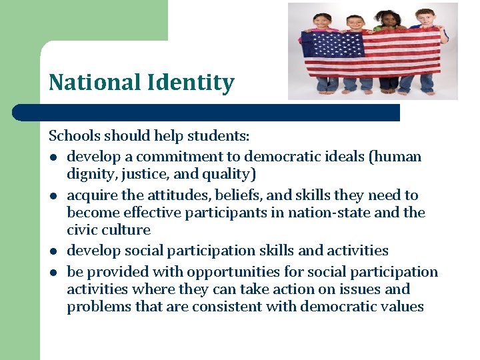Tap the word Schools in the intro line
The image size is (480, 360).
coord(73,136)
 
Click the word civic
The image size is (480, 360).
coord(82,230)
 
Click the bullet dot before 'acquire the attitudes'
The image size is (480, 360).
coord(53,196)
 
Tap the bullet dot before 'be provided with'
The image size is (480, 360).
coord(53,273)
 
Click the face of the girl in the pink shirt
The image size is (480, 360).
coord(321,21)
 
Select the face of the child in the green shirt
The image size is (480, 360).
coord(387,19)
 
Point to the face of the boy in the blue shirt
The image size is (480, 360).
coord(423,17)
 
